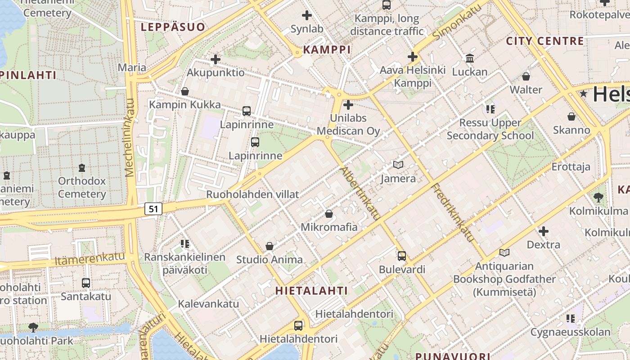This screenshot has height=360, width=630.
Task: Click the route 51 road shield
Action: tap(153, 209)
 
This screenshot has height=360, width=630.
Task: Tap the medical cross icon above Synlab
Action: tap(307, 15)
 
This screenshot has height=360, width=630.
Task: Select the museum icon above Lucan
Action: tap(470, 58)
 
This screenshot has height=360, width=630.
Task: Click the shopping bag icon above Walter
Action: tap(526, 76)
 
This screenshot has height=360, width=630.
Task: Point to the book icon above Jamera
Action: tap(398, 165)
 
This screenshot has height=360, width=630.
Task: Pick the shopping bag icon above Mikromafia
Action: tap(329, 214)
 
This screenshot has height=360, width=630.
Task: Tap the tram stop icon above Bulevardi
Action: tap(402, 256)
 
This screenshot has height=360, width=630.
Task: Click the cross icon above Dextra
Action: tap(544, 232)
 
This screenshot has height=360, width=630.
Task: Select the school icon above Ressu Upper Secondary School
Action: tap(490, 109)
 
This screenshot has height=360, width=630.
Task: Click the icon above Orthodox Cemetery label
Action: tap(82, 168)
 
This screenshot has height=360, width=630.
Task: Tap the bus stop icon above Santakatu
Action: tap(86, 283)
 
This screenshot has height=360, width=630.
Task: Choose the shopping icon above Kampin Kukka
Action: tap(184, 92)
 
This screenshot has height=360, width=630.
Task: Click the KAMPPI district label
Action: tap(327, 49)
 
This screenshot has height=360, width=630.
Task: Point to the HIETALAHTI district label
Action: tap(311, 291)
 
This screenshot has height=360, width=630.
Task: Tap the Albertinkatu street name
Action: tap(360, 193)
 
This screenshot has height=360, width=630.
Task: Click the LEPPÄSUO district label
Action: tap(173, 27)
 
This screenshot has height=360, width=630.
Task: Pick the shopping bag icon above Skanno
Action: tap(571, 117)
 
